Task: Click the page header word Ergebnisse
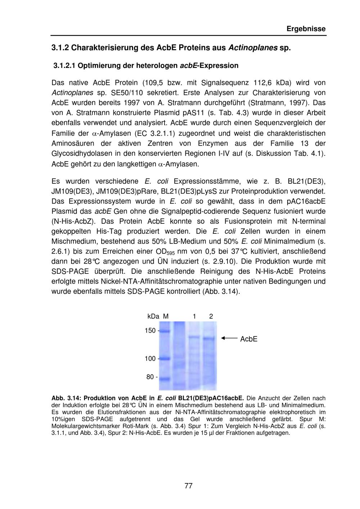tap(306, 29)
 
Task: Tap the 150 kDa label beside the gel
tap(150, 331)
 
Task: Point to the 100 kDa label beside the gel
tap(150, 359)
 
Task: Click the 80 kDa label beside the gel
tap(150, 377)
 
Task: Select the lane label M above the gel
tap(166, 317)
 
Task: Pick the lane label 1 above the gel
tap(194, 317)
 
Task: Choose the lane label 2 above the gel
tap(211, 317)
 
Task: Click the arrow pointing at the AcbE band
tap(229, 338)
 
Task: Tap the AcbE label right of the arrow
tap(249, 339)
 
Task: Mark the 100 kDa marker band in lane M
tap(165, 359)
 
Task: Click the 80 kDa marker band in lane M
tap(165, 379)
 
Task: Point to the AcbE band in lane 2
tap(209, 338)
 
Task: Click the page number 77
tap(188, 486)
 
